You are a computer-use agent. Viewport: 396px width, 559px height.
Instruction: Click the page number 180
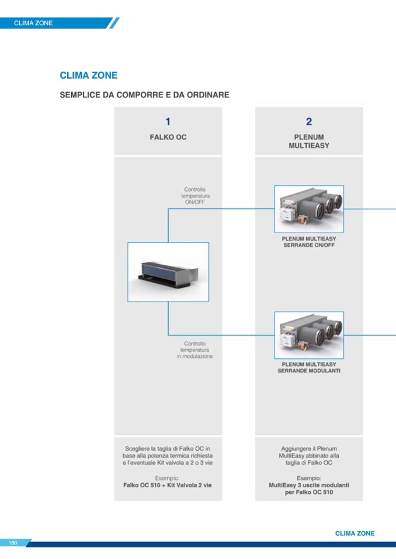tap(13, 543)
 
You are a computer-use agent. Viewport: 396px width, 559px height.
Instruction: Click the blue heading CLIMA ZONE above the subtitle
tap(88, 76)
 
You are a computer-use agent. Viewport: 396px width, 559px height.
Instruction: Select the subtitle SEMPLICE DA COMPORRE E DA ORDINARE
tap(144, 94)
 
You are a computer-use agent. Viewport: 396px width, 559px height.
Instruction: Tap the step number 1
tap(168, 122)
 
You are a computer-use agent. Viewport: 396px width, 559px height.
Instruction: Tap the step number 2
tap(309, 122)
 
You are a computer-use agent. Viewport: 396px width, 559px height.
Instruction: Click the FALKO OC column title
tap(168, 138)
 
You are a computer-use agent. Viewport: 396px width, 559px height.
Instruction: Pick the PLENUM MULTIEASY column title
tap(309, 142)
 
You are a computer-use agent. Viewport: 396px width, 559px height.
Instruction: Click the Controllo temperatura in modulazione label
tap(194, 350)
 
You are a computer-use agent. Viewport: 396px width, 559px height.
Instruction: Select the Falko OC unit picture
tap(168, 272)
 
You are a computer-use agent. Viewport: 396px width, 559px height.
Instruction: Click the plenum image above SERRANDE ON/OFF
tap(309, 209)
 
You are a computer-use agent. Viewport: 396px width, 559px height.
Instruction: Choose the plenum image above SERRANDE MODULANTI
tap(309, 335)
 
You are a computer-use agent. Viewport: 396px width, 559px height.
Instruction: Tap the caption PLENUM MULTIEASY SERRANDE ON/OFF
tap(309, 242)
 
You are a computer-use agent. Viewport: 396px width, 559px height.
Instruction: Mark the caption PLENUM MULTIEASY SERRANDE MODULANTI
tap(309, 367)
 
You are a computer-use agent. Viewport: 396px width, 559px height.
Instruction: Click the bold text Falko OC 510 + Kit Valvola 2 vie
tap(168, 485)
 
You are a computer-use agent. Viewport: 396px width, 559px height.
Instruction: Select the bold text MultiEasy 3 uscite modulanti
tap(309, 485)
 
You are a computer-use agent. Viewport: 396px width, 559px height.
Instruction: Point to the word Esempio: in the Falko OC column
tap(168, 477)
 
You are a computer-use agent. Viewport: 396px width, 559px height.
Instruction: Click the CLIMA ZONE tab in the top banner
tap(33, 23)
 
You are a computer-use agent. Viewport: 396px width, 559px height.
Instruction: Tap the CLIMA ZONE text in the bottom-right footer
tap(355, 533)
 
